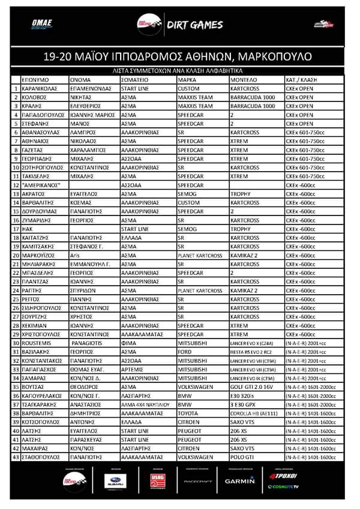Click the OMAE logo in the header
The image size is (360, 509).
(42, 24)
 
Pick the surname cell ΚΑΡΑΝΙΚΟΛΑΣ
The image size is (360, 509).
(40, 88)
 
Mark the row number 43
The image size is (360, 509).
(16, 457)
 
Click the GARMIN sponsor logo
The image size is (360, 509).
(240, 481)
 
